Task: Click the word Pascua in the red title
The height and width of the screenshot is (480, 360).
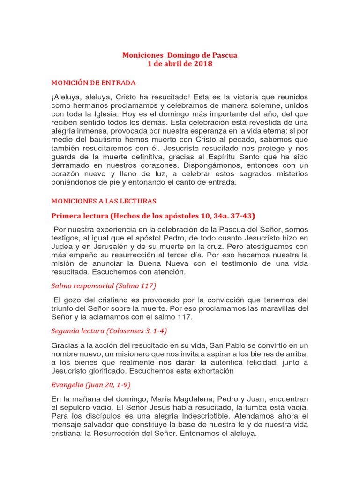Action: (225, 55)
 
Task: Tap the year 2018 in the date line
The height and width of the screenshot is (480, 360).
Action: (203, 64)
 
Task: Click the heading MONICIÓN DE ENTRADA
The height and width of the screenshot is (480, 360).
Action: (93, 83)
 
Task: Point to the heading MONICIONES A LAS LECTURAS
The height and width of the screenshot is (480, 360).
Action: (104, 201)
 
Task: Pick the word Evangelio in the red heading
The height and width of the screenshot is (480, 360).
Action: (68, 385)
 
